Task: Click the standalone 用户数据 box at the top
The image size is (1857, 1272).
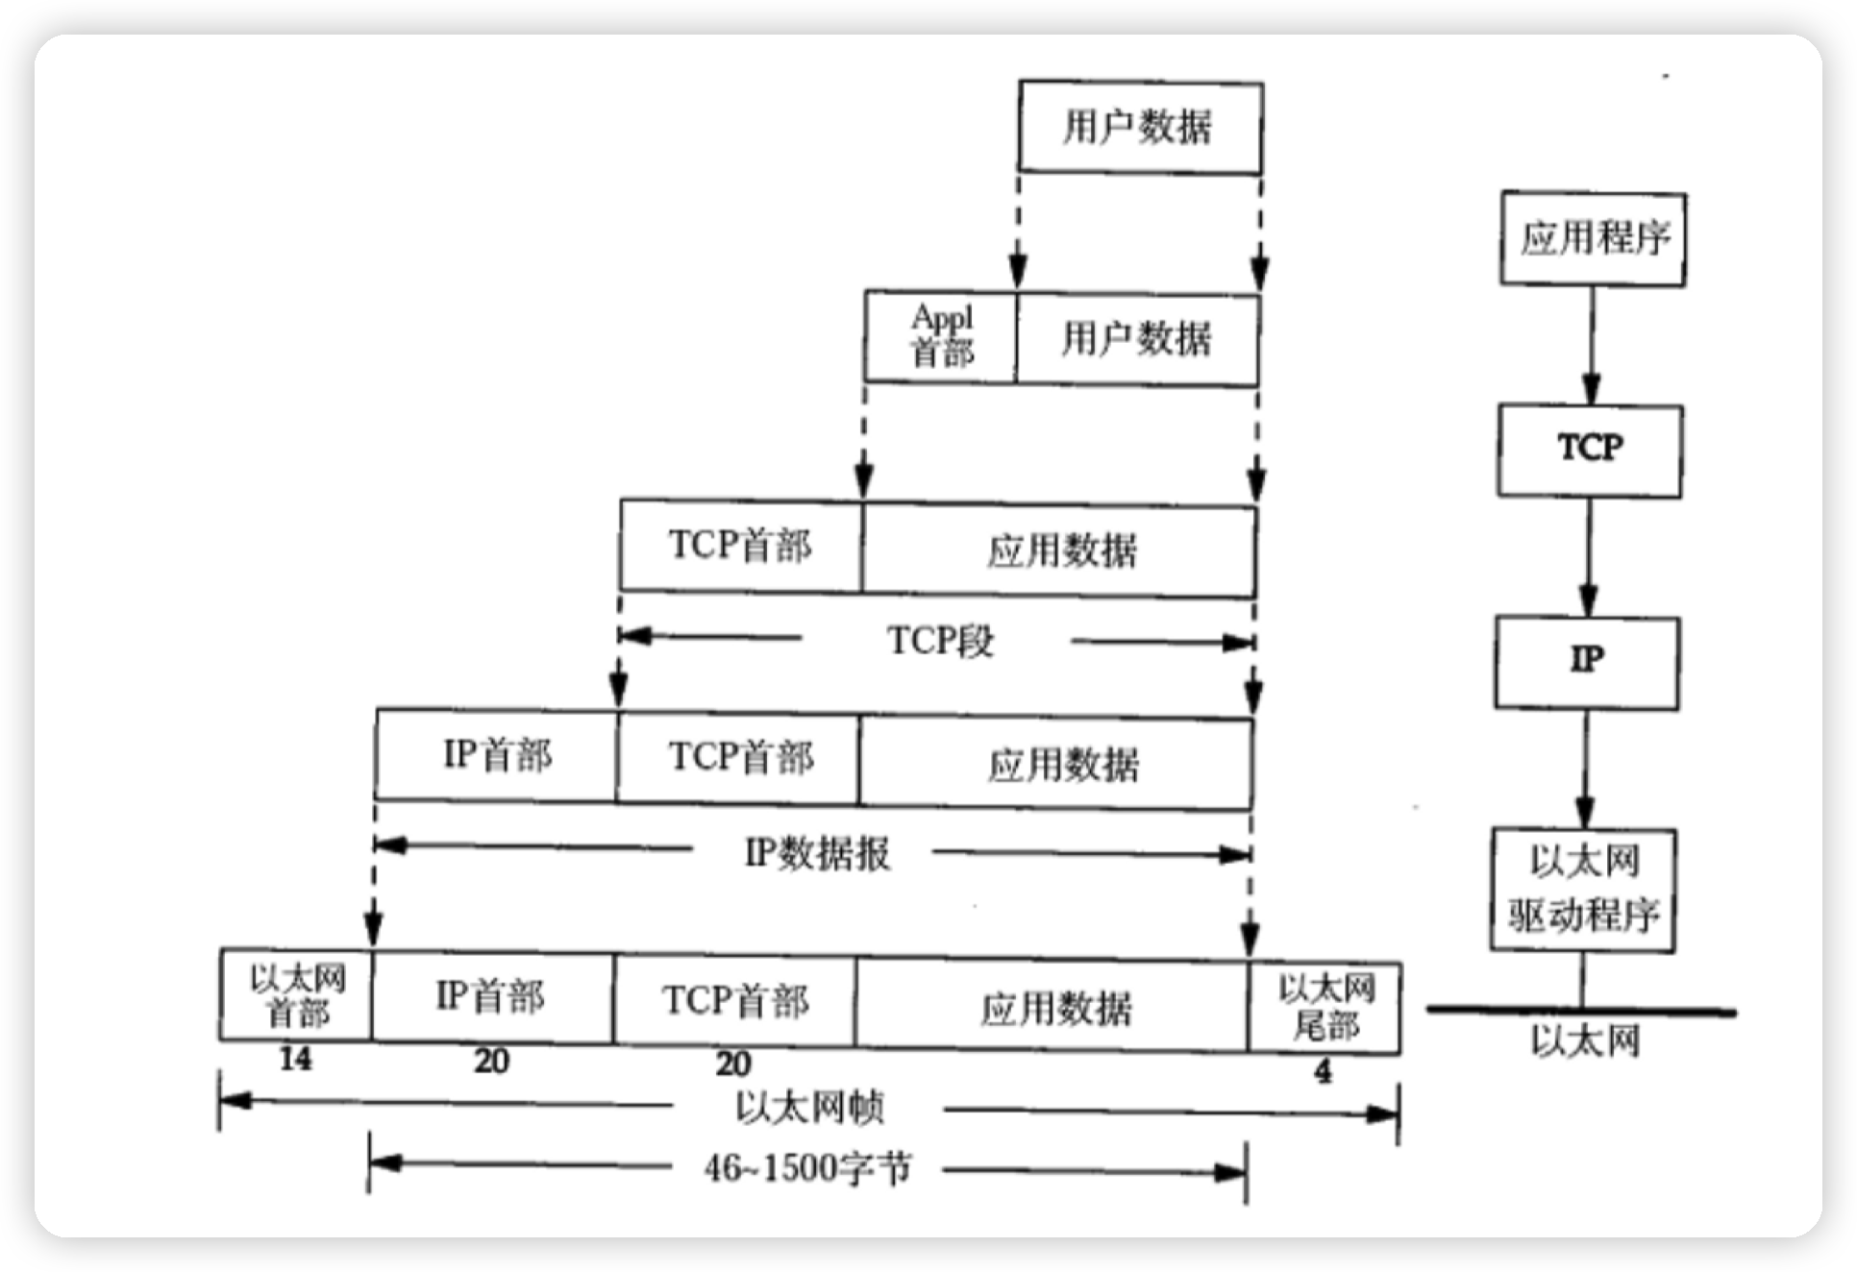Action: (1140, 128)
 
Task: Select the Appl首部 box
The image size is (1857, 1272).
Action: (940, 336)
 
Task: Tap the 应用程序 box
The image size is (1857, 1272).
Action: (1593, 238)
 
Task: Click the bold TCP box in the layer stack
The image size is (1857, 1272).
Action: (1590, 450)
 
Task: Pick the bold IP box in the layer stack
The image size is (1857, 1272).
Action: (1587, 662)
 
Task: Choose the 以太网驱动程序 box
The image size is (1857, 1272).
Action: (1584, 890)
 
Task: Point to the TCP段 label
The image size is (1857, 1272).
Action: (939, 641)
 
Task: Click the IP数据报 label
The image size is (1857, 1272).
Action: (817, 853)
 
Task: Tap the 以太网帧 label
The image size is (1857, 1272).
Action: (809, 1109)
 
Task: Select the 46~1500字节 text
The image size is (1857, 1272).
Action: (807, 1168)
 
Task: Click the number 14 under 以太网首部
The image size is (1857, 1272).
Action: (295, 1060)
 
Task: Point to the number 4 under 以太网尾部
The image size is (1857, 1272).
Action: (1324, 1071)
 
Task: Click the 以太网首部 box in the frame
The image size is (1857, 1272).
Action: (296, 995)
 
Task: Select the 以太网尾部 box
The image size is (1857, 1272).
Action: (1325, 1006)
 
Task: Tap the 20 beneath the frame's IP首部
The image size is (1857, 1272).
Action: (491, 1062)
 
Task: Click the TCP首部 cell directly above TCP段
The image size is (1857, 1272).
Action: (741, 545)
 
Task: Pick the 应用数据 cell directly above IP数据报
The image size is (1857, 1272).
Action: (1062, 765)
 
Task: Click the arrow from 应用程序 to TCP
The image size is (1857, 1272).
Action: (1591, 345)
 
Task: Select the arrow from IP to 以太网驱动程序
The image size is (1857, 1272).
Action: (1585, 769)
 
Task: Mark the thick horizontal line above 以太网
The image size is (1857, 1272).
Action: (1581, 1011)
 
